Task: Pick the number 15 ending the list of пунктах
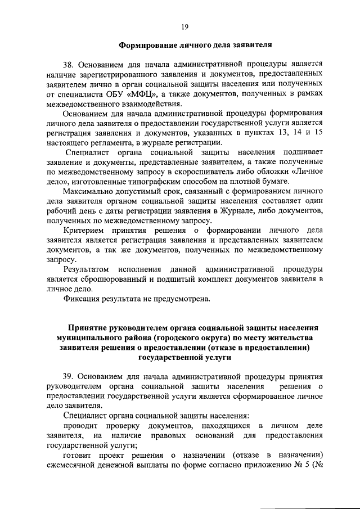coord(318,132)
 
